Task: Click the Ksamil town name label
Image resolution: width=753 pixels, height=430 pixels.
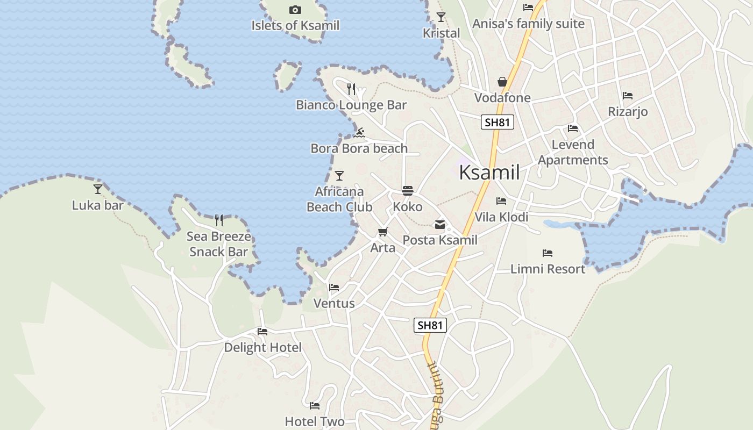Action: click(x=489, y=173)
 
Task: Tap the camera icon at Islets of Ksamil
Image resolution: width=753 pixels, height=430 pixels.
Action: click(x=295, y=10)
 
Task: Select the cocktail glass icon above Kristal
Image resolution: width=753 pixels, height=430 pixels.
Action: click(x=441, y=17)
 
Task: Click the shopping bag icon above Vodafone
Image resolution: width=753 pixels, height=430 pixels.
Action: click(x=502, y=82)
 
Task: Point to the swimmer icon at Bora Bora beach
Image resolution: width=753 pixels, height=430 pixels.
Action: click(x=360, y=132)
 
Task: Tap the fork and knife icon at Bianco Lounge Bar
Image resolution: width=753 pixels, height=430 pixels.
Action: click(x=351, y=89)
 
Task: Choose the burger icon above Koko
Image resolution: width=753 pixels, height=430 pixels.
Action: click(x=408, y=191)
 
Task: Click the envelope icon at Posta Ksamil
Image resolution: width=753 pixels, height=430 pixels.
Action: click(x=440, y=225)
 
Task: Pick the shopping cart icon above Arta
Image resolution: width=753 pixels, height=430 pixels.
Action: click(x=382, y=232)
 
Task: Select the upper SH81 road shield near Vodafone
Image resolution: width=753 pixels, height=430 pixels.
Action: click(x=497, y=122)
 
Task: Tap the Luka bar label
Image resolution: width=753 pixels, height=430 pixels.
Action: click(x=98, y=205)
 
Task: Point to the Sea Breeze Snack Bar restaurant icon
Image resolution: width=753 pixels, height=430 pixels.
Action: click(x=219, y=220)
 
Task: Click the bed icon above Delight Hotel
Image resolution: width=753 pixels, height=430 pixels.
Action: click(x=262, y=331)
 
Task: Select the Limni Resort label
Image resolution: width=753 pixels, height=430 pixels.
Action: click(x=548, y=269)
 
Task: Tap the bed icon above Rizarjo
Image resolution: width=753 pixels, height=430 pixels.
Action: click(x=628, y=96)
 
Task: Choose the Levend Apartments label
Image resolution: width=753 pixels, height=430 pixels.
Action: click(x=573, y=152)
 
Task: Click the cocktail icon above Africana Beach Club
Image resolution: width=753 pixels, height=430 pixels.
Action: click(x=339, y=175)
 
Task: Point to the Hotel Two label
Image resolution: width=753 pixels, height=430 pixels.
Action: click(x=315, y=421)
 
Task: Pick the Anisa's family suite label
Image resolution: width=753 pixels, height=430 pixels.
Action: click(x=528, y=24)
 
